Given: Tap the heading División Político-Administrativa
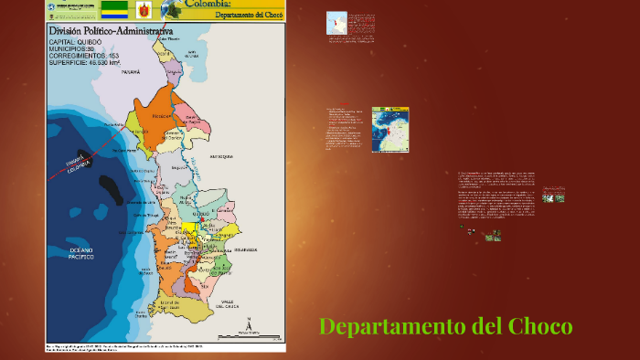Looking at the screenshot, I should tap(111, 30).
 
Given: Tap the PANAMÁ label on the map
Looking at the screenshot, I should tap(130, 70).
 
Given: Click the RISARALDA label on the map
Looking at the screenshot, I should tap(244, 247).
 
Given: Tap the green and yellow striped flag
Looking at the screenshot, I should tap(114, 9).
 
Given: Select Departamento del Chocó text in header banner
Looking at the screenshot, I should tap(249, 15).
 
